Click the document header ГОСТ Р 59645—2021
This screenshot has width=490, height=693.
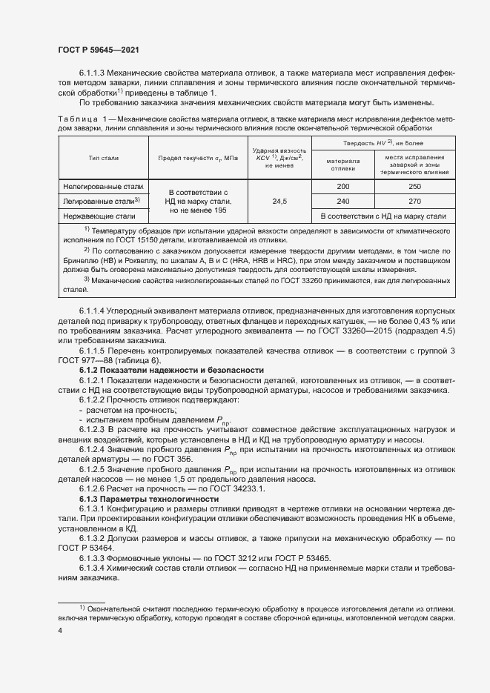point(98,49)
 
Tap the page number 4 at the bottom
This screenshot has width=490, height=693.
point(60,630)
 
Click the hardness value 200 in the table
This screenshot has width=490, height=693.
point(342,187)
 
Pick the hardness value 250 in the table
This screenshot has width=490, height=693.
point(414,187)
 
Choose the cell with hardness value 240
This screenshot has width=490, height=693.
point(342,201)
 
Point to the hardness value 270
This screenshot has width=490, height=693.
point(414,201)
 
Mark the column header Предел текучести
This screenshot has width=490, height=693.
point(196,159)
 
